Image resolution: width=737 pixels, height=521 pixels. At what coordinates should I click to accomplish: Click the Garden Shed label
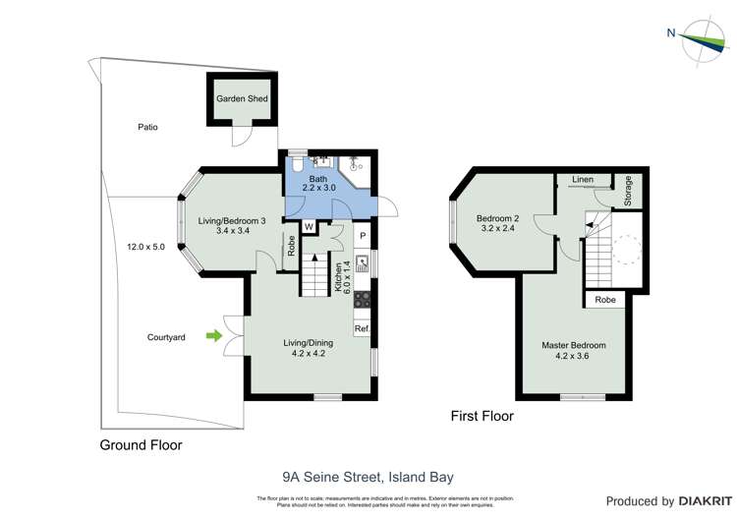tap(242, 99)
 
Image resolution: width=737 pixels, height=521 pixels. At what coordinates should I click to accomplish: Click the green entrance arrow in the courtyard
tap(213, 337)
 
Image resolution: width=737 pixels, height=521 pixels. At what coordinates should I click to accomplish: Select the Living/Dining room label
tap(304, 347)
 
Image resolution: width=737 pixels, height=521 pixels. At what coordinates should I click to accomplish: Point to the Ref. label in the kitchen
tap(362, 328)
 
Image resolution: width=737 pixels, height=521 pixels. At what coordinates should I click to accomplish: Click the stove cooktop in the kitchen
tap(362, 299)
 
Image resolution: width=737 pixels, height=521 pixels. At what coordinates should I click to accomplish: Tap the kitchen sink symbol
tap(362, 263)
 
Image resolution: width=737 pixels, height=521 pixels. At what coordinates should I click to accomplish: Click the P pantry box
tap(362, 236)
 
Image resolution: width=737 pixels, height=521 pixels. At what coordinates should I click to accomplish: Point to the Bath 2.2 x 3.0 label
tap(318, 182)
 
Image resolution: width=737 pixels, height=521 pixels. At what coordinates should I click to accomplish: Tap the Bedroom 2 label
tap(497, 223)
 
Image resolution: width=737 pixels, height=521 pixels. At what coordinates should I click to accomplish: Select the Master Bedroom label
tap(574, 351)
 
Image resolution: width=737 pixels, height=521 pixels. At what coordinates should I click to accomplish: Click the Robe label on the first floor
tap(606, 301)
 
